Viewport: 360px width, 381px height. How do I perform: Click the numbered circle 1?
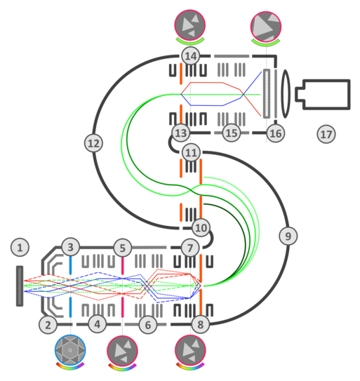click(20, 248)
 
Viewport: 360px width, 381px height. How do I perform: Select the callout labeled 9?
click(288, 236)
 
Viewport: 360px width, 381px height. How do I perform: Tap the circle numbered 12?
click(93, 143)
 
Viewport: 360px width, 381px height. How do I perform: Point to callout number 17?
click(326, 134)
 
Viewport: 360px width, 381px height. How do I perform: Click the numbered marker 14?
click(191, 56)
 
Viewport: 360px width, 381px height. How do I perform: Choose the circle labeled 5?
click(123, 248)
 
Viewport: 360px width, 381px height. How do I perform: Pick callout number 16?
click(276, 133)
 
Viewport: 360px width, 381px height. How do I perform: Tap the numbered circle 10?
click(201, 227)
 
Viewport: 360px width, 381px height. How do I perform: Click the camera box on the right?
click(323, 94)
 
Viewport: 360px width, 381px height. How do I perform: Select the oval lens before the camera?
click(286, 94)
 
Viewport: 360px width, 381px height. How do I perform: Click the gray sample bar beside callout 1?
click(20, 286)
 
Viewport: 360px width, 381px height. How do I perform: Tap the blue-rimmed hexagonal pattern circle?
click(70, 350)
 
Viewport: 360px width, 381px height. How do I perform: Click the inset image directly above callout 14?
click(190, 25)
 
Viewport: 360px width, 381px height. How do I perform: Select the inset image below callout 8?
click(191, 350)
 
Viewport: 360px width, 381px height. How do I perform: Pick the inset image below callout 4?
click(122, 351)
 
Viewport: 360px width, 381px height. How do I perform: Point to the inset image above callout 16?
click(266, 26)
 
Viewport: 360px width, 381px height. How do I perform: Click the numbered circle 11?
click(191, 152)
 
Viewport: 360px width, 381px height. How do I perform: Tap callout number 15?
click(232, 133)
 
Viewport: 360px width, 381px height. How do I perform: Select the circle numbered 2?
click(48, 325)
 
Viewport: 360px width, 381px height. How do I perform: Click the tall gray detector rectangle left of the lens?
click(267, 94)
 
